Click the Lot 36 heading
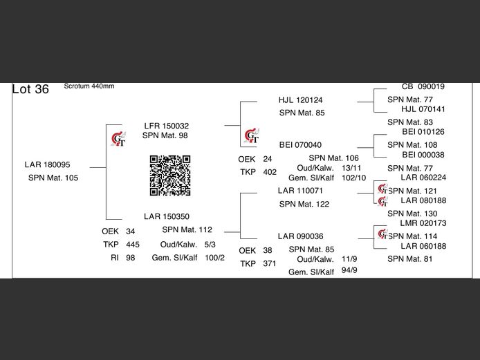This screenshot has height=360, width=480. click(30, 89)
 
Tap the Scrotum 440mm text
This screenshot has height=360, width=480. click(89, 86)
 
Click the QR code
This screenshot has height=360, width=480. click(170, 176)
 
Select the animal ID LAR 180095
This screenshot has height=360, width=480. click(48, 164)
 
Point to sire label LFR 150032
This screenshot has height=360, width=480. click(167, 126)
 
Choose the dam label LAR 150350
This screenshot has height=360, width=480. click(167, 216)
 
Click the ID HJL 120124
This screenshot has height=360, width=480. click(301, 100)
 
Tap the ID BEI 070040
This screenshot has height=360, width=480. click(300, 145)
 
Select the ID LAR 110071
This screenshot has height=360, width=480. click(300, 191)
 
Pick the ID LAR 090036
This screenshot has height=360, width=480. click(301, 236)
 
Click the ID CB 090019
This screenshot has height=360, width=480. click(423, 86)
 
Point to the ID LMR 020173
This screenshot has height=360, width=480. click(423, 223)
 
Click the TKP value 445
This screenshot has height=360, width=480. click(133, 245)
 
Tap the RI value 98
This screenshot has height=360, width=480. click(131, 258)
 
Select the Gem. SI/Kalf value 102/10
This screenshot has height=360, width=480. click(353, 178)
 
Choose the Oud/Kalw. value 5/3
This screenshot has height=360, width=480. click(210, 245)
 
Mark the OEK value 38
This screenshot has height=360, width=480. click(268, 251)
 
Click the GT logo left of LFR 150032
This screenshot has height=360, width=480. click(118, 139)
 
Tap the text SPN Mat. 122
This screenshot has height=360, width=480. click(304, 205)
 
